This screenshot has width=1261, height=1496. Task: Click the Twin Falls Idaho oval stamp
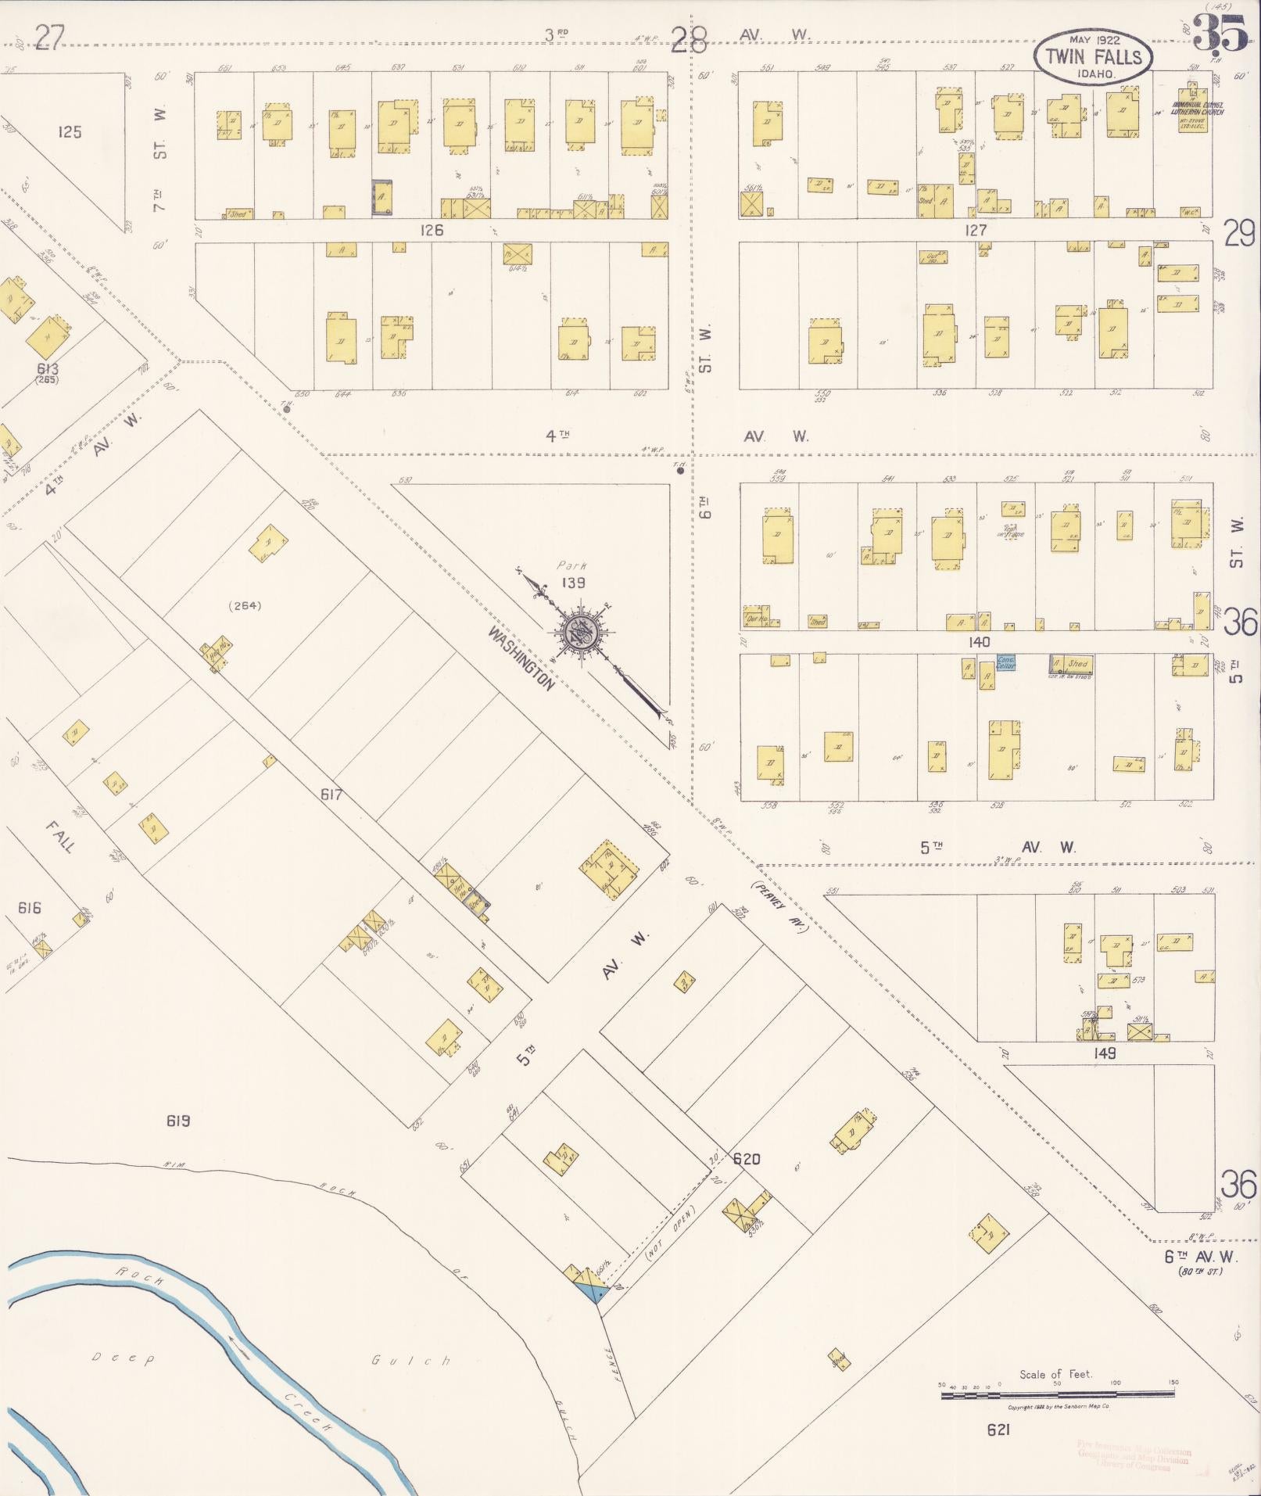tap(1093, 56)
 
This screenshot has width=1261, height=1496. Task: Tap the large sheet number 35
tap(1220, 33)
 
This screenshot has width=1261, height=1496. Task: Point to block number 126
tap(431, 230)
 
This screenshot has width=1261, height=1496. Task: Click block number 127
tap(976, 230)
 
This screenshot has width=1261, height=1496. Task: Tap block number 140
tap(978, 641)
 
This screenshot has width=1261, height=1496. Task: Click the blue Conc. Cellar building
tap(1005, 662)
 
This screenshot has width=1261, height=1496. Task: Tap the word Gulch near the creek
tap(411, 1360)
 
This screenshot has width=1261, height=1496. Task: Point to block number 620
tap(746, 1158)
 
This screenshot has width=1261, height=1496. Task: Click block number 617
tap(331, 795)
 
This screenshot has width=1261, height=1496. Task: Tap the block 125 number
tap(70, 131)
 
